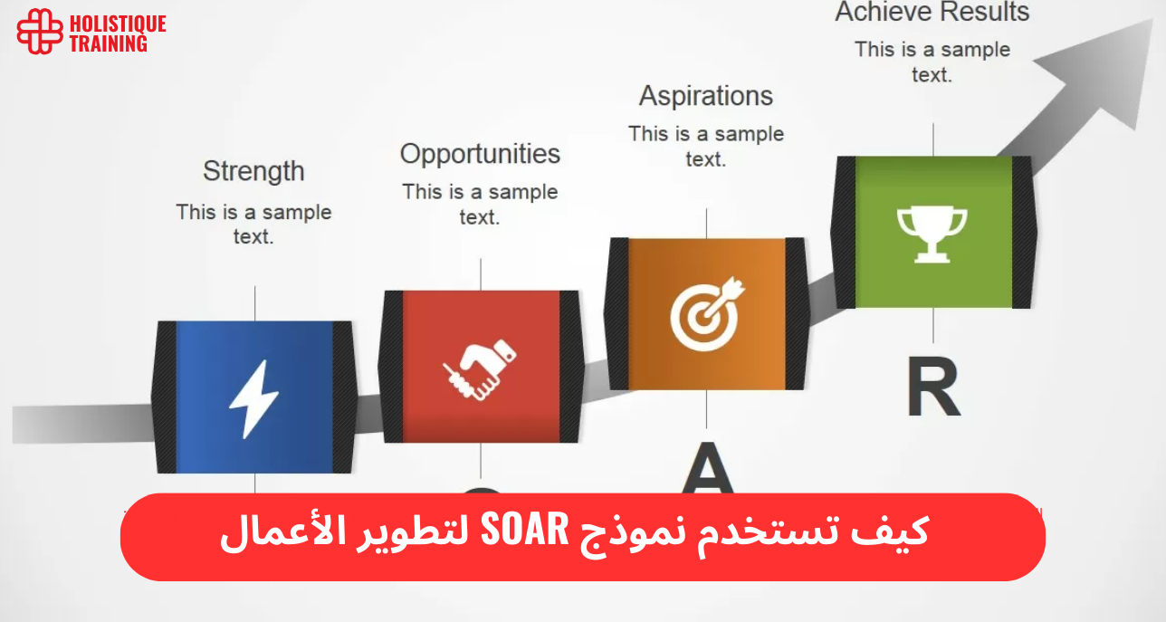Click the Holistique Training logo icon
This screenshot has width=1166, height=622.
[x=40, y=32]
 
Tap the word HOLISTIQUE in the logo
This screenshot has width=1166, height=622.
[x=118, y=23]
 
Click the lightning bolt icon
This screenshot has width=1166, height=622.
[x=253, y=398]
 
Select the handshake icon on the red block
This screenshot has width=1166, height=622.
[x=480, y=367]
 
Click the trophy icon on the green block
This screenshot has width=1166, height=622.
[x=932, y=234]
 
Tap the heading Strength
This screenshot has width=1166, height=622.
[x=253, y=171]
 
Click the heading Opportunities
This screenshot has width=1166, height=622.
[x=480, y=154]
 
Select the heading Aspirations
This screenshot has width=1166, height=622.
[x=706, y=96]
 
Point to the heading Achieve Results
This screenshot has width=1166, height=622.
[x=932, y=13]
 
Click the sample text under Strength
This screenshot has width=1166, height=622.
[x=253, y=225]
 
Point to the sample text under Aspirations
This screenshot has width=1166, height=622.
[x=706, y=146]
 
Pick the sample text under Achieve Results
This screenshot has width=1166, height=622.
[x=932, y=62]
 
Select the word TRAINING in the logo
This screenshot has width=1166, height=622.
[x=109, y=43]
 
